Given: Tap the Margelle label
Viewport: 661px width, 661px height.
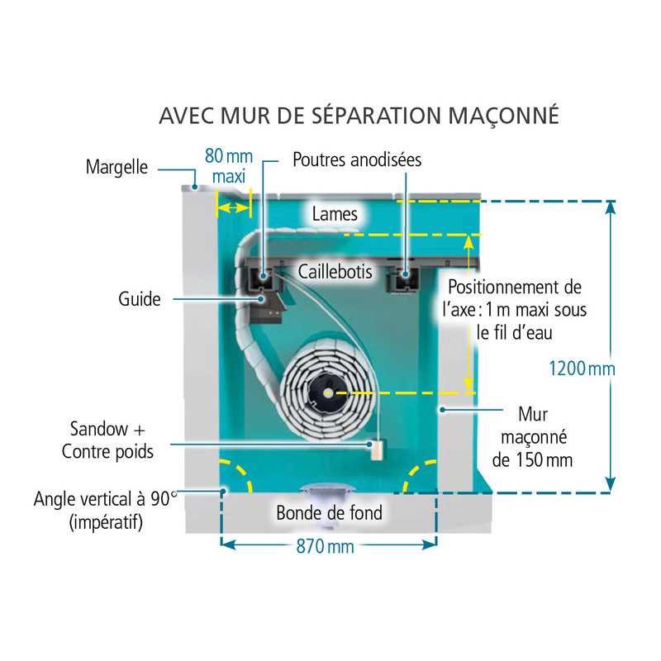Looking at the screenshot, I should [x=117, y=167].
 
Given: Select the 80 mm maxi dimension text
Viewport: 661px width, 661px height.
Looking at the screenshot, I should [x=228, y=166].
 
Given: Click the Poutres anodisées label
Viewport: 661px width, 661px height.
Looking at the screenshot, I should [x=357, y=160].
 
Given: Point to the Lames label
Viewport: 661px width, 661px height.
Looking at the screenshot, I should [x=335, y=214].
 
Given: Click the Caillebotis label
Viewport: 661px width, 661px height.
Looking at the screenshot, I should [x=335, y=270].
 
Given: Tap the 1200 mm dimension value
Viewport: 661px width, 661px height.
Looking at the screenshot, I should [x=582, y=369].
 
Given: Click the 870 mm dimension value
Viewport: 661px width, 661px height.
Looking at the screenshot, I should [x=327, y=545].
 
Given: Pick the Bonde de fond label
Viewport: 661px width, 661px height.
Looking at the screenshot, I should [x=329, y=513].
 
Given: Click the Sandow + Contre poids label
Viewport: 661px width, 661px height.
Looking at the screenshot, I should [x=107, y=440].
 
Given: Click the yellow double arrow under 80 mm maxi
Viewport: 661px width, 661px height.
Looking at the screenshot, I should [x=232, y=207].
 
